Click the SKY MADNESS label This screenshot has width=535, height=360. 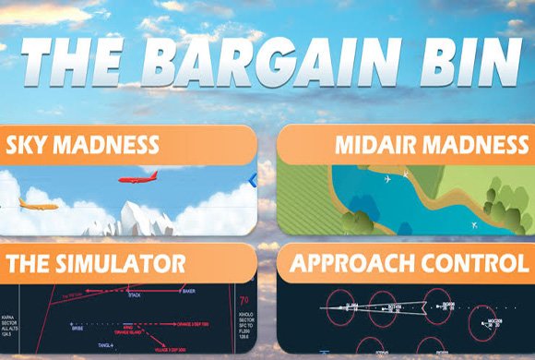coord(83,145)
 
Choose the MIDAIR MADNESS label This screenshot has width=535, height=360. coord(432,145)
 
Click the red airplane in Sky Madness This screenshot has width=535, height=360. coord(137,177)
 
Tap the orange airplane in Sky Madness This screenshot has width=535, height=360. coord(38,204)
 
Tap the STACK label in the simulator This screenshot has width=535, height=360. coord(135,296)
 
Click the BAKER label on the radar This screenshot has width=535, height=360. coord(188,292)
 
